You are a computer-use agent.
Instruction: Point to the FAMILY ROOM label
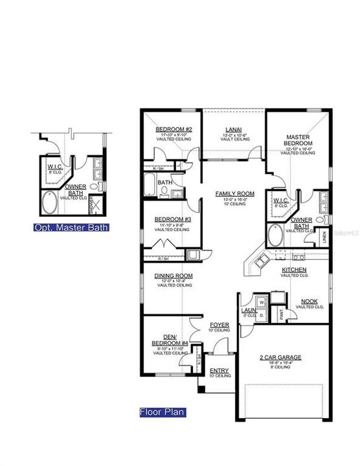[x=236, y=194]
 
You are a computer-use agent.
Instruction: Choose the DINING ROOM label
[x=173, y=276]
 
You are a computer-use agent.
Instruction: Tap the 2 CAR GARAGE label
[x=281, y=357]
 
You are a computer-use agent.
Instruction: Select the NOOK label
[x=309, y=302]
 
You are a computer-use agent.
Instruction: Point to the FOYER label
[x=216, y=325]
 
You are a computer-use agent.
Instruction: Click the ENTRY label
[x=218, y=371]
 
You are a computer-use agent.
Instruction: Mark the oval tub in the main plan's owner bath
[x=276, y=236]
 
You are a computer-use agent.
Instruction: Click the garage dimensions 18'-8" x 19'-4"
[x=281, y=363]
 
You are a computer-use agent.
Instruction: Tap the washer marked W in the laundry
[x=262, y=302]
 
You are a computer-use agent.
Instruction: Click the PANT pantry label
[x=281, y=314]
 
